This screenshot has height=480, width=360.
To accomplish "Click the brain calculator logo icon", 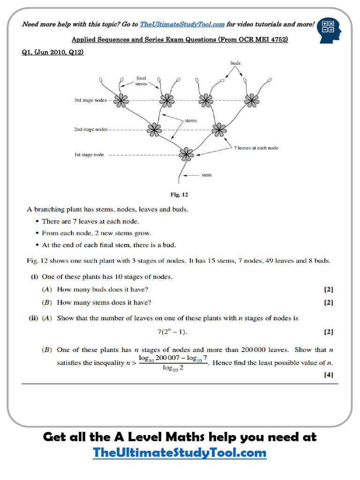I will [x=330, y=30].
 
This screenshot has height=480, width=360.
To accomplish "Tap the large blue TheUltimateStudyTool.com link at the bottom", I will [x=180, y=453].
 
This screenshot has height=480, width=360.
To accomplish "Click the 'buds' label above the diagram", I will [x=236, y=63].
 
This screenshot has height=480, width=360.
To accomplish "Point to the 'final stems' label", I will [x=141, y=81].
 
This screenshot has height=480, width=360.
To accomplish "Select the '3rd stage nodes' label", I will [x=90, y=100].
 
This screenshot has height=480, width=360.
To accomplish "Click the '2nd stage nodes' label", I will [x=90, y=129].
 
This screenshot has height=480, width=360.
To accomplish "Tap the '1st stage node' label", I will [x=89, y=155].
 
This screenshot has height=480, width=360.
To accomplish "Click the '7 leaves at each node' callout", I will [x=256, y=148].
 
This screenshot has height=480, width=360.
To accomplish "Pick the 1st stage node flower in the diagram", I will [x=186, y=153].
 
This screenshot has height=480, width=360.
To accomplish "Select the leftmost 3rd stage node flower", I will [x=121, y=100].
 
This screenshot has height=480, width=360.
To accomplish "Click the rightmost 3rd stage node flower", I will [x=251, y=99].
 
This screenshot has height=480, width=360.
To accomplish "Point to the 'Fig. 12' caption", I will [x=180, y=195].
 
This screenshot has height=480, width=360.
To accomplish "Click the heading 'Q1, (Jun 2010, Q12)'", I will [x=53, y=52].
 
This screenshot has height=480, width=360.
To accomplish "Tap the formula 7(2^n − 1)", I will [x=172, y=332].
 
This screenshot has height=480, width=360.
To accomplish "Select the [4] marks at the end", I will [x=328, y=375].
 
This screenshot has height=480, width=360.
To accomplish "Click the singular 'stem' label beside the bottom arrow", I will [x=206, y=175].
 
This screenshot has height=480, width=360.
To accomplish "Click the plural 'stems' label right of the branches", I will [x=191, y=121].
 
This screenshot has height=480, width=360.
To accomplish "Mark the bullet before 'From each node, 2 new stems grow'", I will [x=37, y=233].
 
